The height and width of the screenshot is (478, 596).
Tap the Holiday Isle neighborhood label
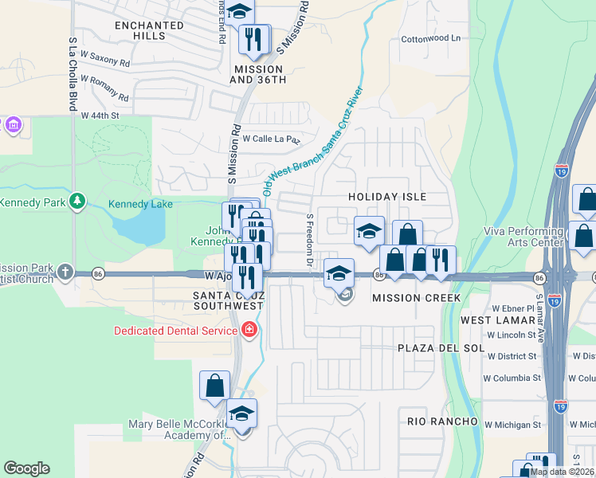pos(388,197)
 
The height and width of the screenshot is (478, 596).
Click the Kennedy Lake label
pos(141,205)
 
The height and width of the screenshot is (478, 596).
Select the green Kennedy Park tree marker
pos(77,202)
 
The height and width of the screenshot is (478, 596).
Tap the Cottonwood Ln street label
pos(431,38)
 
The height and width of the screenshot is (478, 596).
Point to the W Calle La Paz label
pos(271,138)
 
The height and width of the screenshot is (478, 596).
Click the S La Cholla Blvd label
pos(73,72)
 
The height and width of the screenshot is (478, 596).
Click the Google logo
pos(26,468)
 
